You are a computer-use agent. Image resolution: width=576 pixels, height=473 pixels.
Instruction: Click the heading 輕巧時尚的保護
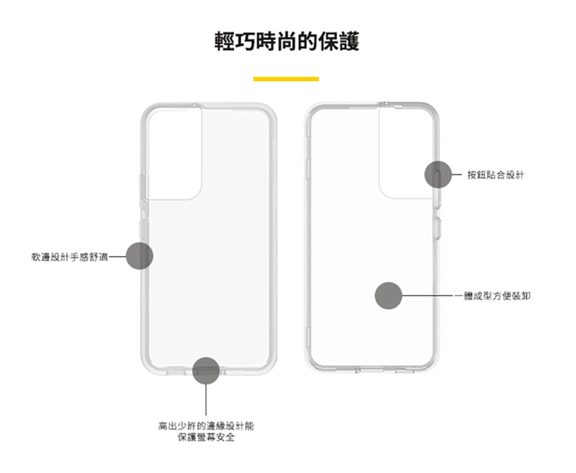click(x=287, y=41)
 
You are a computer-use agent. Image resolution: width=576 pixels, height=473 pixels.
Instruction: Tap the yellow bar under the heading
click(x=286, y=79)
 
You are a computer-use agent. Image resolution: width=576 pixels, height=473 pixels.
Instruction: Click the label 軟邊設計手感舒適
click(x=70, y=257)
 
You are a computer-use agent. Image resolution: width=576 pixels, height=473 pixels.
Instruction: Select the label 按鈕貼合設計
click(x=495, y=175)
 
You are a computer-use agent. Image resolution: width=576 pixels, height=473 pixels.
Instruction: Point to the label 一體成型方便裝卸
click(x=492, y=296)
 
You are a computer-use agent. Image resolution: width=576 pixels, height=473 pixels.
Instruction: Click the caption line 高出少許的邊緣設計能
click(x=206, y=426)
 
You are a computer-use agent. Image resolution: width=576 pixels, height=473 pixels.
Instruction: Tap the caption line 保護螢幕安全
click(x=206, y=437)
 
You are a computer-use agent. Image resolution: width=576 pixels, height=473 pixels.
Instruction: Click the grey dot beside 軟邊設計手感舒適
click(x=140, y=256)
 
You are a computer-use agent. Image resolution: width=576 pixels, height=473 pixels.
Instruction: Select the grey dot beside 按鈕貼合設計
click(x=438, y=175)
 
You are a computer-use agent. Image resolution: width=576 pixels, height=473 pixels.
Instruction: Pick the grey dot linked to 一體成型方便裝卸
click(x=388, y=295)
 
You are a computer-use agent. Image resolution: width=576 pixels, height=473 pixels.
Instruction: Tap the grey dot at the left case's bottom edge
click(x=206, y=371)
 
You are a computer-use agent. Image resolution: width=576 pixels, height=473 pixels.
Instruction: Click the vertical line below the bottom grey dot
click(x=206, y=400)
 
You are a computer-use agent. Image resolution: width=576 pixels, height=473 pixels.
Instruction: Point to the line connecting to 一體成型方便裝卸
click(x=428, y=295)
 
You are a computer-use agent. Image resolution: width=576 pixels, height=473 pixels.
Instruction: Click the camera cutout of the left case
click(x=174, y=154)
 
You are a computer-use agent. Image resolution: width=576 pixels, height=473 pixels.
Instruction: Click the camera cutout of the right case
click(x=406, y=153)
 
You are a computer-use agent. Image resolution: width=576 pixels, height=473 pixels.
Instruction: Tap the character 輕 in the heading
click(x=225, y=41)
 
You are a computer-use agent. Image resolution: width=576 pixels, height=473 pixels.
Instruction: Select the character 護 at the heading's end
click(x=349, y=41)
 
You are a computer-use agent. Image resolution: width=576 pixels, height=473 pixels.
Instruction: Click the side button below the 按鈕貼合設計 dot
click(x=438, y=228)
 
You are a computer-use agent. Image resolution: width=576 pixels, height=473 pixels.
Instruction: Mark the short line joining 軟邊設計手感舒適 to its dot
click(x=117, y=257)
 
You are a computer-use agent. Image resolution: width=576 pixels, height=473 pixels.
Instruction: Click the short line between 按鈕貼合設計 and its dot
click(x=456, y=175)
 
